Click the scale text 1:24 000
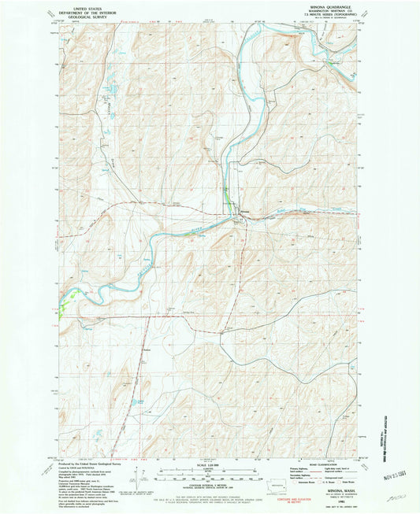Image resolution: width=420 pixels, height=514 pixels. click(210, 466)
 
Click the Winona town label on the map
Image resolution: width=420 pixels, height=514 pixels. click(246, 213)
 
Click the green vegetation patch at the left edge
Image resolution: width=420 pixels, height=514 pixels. click(72, 294)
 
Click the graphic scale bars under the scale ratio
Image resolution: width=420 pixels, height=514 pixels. click(210, 475)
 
